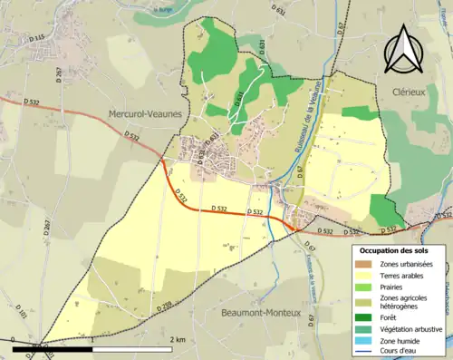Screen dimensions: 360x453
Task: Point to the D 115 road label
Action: [x=36, y=38]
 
